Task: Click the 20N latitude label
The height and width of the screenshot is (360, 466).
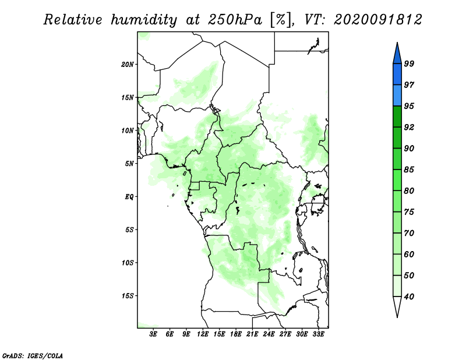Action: (x=128, y=64)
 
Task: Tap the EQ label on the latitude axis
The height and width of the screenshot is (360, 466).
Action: (x=129, y=196)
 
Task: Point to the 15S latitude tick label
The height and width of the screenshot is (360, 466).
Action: (x=128, y=296)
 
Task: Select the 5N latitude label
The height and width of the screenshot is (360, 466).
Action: (x=129, y=164)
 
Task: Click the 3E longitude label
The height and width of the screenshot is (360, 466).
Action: (x=153, y=334)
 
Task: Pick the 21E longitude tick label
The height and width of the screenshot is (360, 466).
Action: (x=252, y=334)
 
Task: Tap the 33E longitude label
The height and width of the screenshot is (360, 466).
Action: (x=318, y=334)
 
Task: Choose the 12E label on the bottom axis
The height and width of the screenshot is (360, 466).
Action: (x=203, y=334)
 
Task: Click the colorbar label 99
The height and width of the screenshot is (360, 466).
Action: (x=409, y=63)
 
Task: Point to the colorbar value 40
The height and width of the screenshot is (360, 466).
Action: (x=409, y=297)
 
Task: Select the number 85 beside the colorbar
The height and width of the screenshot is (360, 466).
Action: (x=409, y=170)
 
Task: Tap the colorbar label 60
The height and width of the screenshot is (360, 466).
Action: (x=409, y=254)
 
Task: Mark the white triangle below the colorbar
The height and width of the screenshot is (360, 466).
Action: (x=397, y=306)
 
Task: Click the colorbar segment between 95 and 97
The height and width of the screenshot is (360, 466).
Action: (x=397, y=96)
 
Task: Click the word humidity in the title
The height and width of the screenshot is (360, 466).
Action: (x=144, y=20)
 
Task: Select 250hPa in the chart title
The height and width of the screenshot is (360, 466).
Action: (x=235, y=20)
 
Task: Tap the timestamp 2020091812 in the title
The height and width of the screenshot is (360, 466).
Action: (x=377, y=20)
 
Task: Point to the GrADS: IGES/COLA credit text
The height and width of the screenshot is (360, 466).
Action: (x=33, y=355)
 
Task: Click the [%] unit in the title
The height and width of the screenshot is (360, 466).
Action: (x=281, y=20)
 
